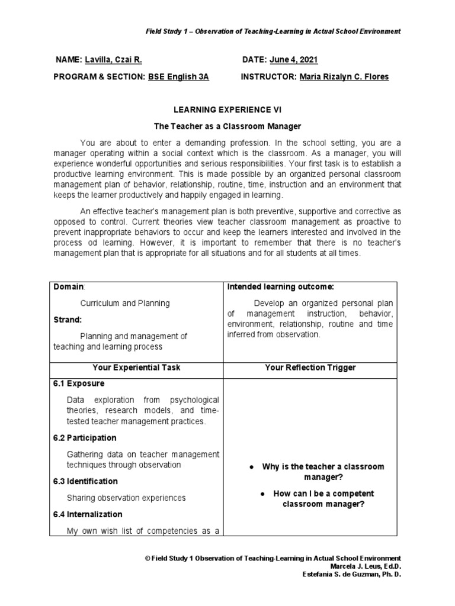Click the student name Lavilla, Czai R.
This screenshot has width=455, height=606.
point(114,60)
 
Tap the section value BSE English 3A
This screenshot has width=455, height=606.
point(178,77)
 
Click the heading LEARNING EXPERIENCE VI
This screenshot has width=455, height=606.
point(227,110)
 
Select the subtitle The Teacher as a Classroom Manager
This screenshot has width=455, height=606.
point(227,127)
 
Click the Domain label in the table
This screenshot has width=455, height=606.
point(69,287)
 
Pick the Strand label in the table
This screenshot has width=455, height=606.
point(68,320)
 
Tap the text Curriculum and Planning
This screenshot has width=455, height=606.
point(125,303)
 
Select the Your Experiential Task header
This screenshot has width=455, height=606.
point(137,368)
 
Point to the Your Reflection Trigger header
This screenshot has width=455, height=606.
point(310,368)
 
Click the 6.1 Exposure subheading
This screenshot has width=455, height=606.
point(78,383)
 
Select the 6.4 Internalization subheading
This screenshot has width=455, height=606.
point(88,514)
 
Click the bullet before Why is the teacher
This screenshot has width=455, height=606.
point(252,467)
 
